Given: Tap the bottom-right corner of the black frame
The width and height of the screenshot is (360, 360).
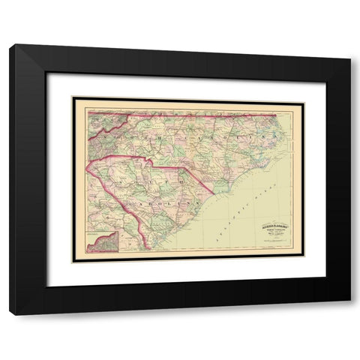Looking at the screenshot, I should [350, 314].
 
